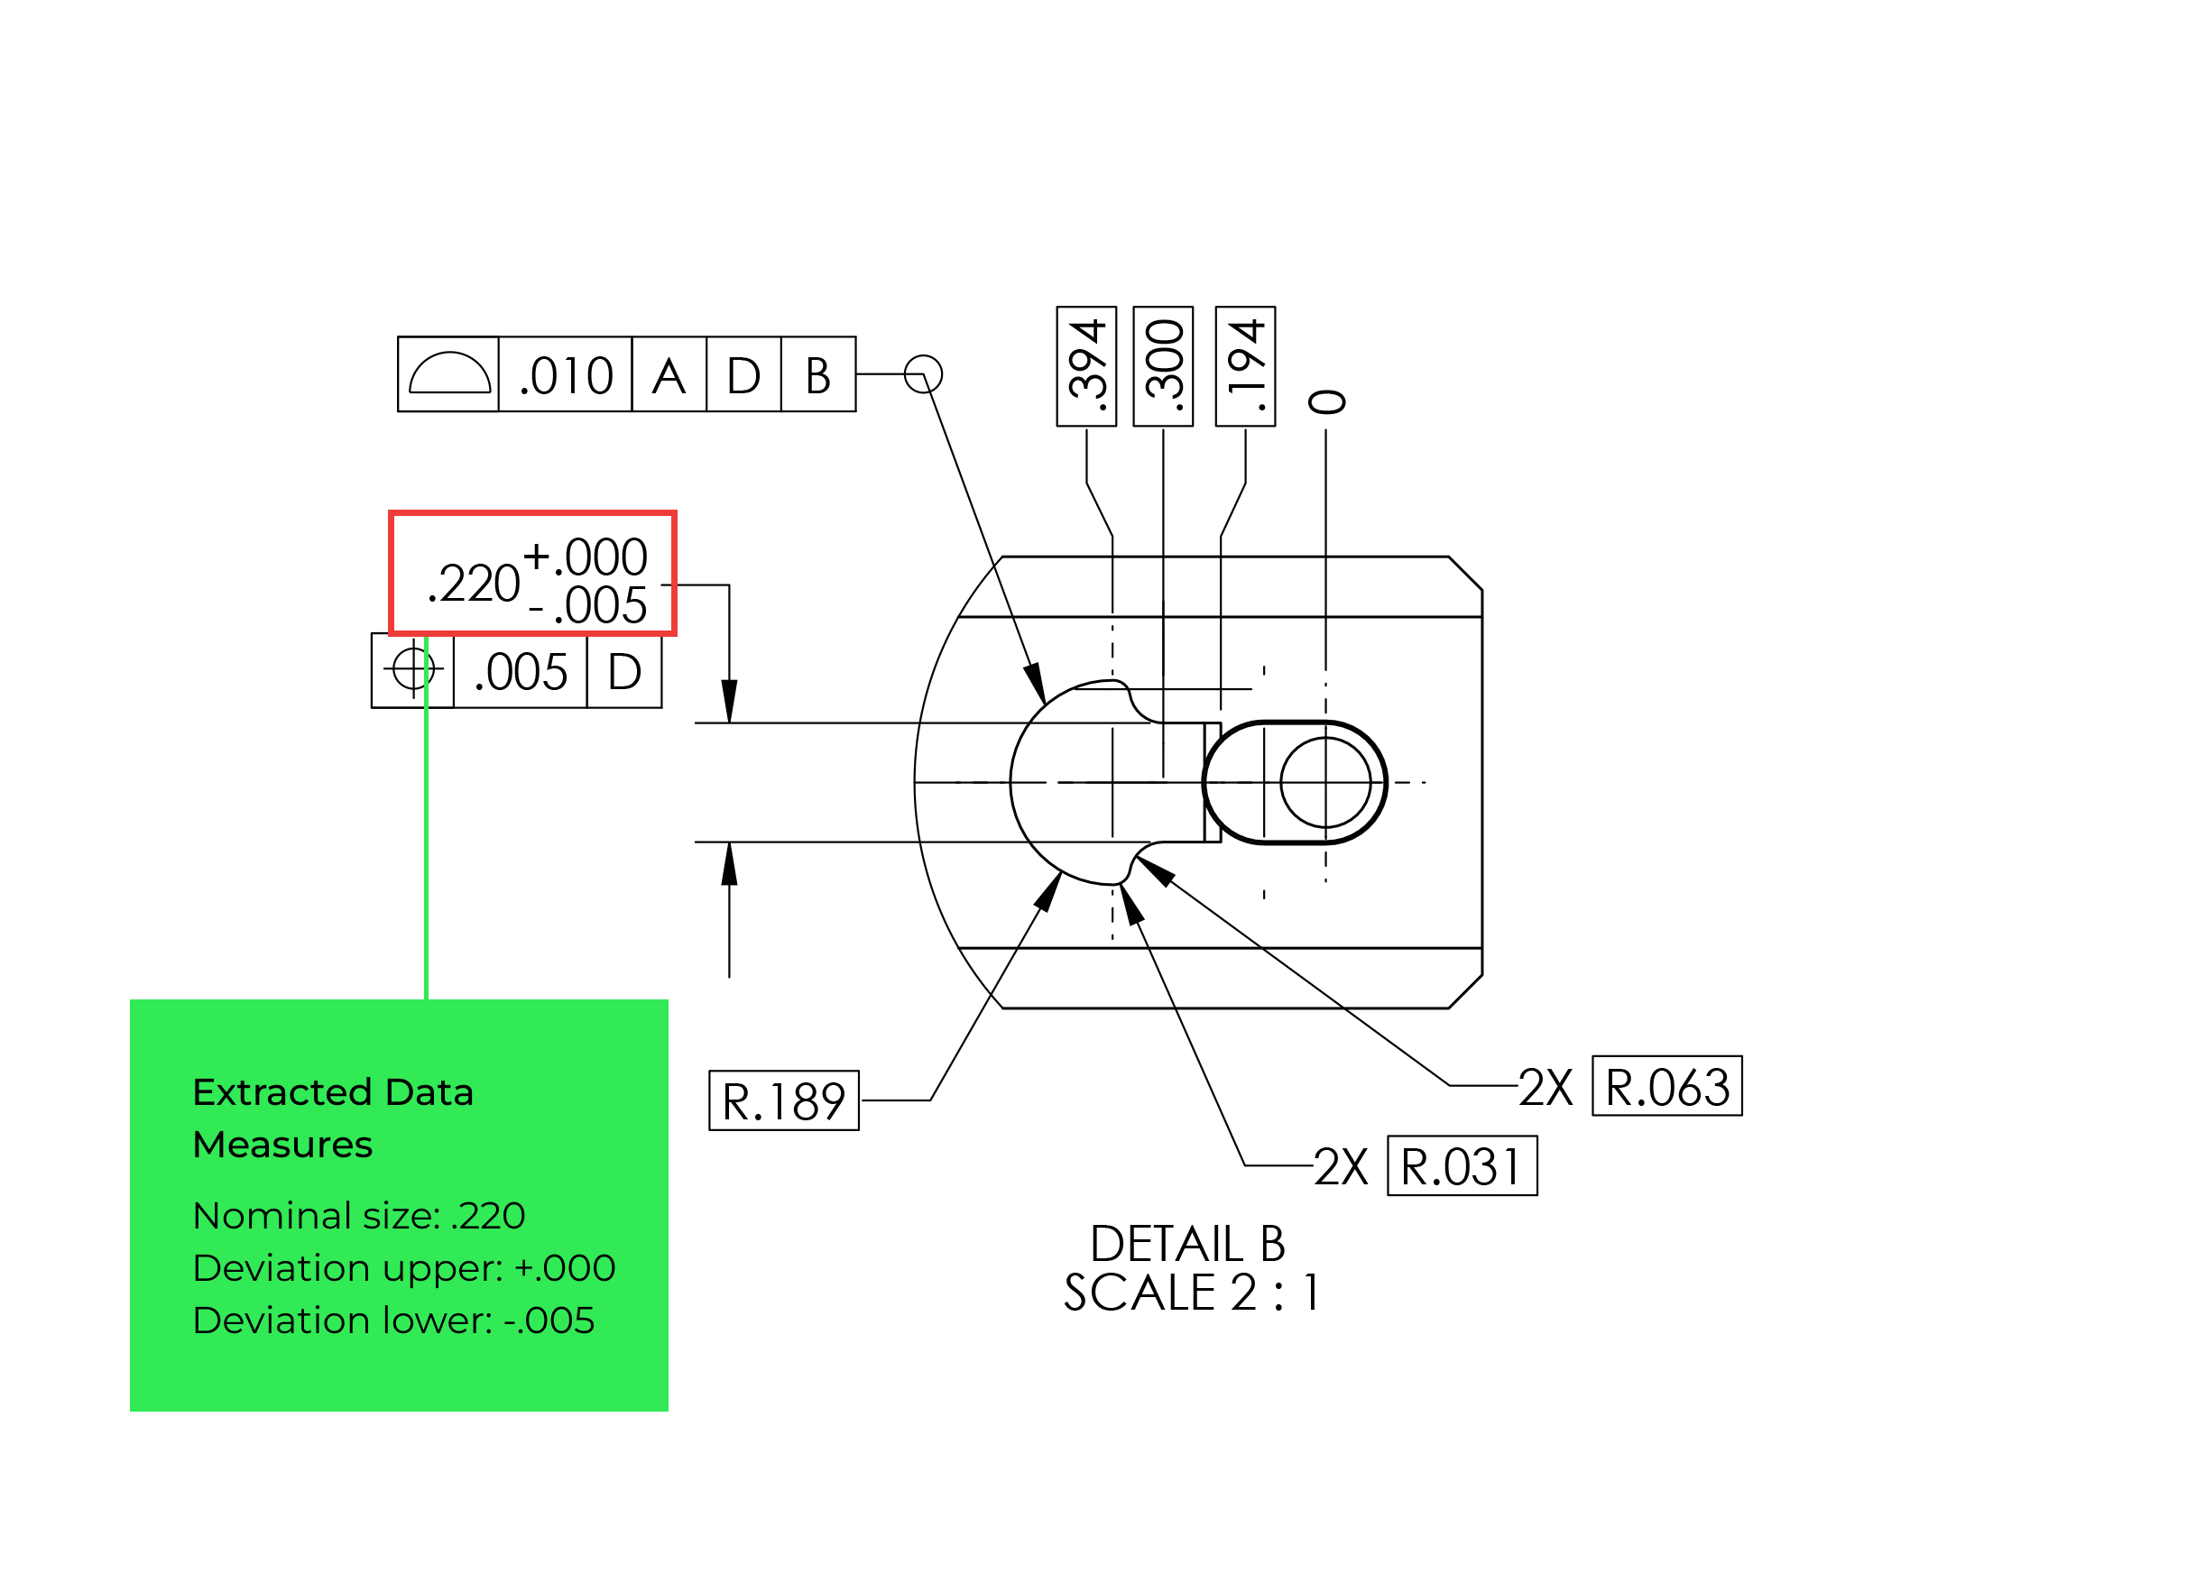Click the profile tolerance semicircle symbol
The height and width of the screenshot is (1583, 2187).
[449, 374]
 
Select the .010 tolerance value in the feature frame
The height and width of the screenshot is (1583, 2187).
[566, 375]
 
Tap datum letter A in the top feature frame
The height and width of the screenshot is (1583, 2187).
[669, 375]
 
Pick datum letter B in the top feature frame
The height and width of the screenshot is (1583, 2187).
[817, 375]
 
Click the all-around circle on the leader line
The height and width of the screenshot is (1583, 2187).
[923, 374]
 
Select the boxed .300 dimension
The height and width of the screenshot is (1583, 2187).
[1163, 366]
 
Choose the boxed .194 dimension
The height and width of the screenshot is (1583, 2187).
[1245, 366]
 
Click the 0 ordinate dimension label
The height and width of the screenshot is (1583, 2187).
[1327, 402]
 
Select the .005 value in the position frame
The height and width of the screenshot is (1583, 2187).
[521, 671]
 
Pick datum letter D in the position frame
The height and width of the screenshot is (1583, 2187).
[624, 671]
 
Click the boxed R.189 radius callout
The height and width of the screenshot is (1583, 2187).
[783, 1101]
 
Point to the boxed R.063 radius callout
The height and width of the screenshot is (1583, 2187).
[1666, 1087]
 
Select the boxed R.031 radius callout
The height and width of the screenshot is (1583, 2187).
[1462, 1166]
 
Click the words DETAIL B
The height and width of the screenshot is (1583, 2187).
[1187, 1244]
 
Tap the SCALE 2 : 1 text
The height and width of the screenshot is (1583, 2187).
[1191, 1293]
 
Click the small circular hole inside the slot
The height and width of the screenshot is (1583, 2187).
[1325, 783]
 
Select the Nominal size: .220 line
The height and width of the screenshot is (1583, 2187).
[359, 1216]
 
